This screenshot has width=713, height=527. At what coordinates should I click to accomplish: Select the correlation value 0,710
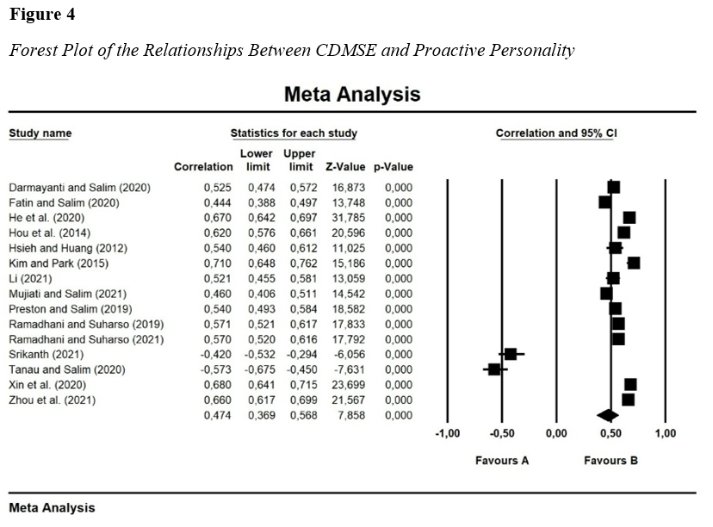(218, 263)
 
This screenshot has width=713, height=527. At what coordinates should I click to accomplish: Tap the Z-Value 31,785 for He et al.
(343, 217)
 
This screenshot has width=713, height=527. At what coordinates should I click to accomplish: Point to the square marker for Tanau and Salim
(494, 369)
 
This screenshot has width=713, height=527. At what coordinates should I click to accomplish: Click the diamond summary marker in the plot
(608, 416)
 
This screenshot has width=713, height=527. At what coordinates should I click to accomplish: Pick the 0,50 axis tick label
(611, 433)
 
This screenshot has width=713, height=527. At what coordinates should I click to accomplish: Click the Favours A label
(502, 461)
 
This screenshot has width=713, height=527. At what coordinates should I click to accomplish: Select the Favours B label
(611, 461)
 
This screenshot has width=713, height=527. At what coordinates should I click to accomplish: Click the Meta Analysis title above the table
(352, 94)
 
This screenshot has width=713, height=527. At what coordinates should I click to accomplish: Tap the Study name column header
(40, 133)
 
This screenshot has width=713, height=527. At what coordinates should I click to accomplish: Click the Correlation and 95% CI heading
(556, 133)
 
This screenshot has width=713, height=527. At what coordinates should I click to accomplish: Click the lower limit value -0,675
(258, 369)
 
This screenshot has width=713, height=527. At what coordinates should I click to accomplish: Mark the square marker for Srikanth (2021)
(511, 354)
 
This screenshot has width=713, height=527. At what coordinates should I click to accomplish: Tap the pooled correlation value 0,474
(218, 416)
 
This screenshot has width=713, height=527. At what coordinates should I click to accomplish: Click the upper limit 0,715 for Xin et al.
(301, 385)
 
